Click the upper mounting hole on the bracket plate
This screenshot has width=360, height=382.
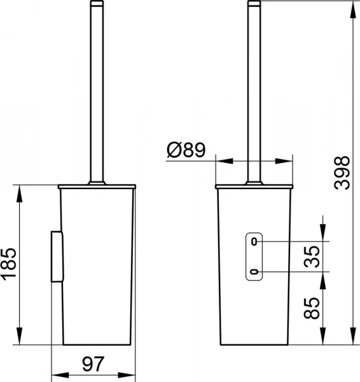[x=254, y=241]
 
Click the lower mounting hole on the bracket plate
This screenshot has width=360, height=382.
[x=254, y=272]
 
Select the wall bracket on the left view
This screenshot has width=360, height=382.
[x=56, y=257]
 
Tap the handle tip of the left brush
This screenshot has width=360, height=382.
[x=95, y=4]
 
